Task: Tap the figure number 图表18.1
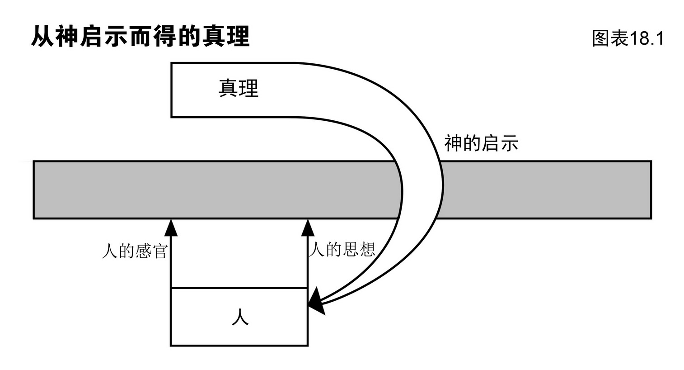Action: pos(628,38)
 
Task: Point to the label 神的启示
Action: pos(481,143)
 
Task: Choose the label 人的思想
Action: pos(342,249)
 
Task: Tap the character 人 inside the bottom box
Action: pos(239,318)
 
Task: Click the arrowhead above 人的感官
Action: pos(171,228)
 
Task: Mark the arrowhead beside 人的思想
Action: pos(308,228)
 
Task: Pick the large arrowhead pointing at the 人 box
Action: pos(317,301)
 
